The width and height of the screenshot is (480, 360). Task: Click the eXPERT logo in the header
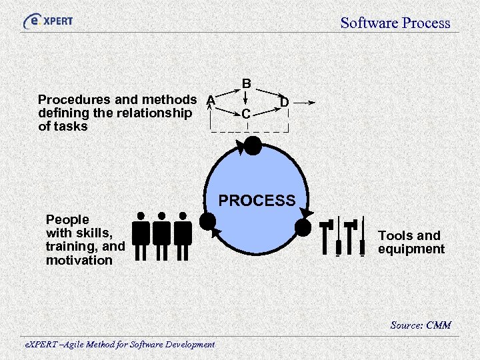point(47,21)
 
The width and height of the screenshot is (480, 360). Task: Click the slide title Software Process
point(395,23)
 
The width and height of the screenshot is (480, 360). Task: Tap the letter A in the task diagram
point(211,100)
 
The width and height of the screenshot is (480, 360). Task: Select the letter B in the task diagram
point(246,84)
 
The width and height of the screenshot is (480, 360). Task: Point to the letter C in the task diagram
point(246,115)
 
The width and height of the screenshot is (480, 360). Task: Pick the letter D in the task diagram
point(284,102)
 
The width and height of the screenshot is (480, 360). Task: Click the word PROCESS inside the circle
point(257,201)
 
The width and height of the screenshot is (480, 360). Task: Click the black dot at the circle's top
point(253,145)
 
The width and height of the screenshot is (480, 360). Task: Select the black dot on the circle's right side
point(303,227)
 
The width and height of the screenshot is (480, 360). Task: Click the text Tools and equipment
point(411,242)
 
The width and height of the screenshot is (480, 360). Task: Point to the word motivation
point(79,260)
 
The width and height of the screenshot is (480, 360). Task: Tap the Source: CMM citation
point(420,325)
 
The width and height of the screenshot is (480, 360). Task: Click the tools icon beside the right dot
point(343,236)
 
